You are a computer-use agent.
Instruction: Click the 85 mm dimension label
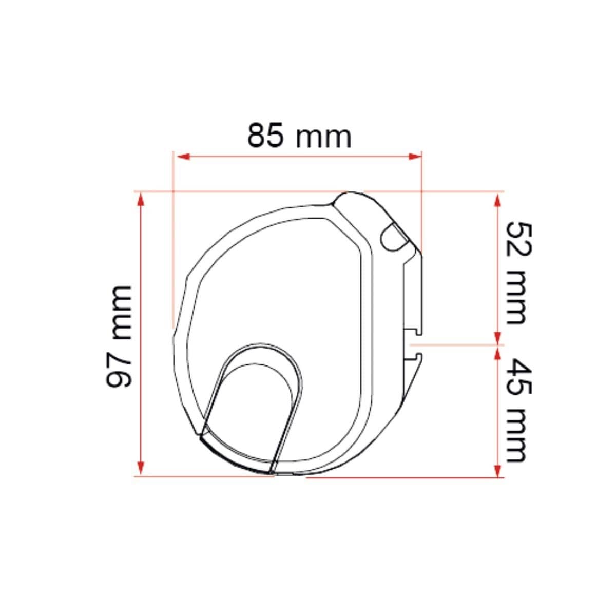(299, 136)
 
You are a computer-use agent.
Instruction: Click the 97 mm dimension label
(119, 336)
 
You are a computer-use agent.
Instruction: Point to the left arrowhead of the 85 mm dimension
(183, 157)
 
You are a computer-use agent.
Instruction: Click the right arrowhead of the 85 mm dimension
(415, 157)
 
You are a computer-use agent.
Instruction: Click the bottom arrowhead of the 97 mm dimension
(140, 468)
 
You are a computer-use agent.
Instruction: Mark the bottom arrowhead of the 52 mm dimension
(497, 338)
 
